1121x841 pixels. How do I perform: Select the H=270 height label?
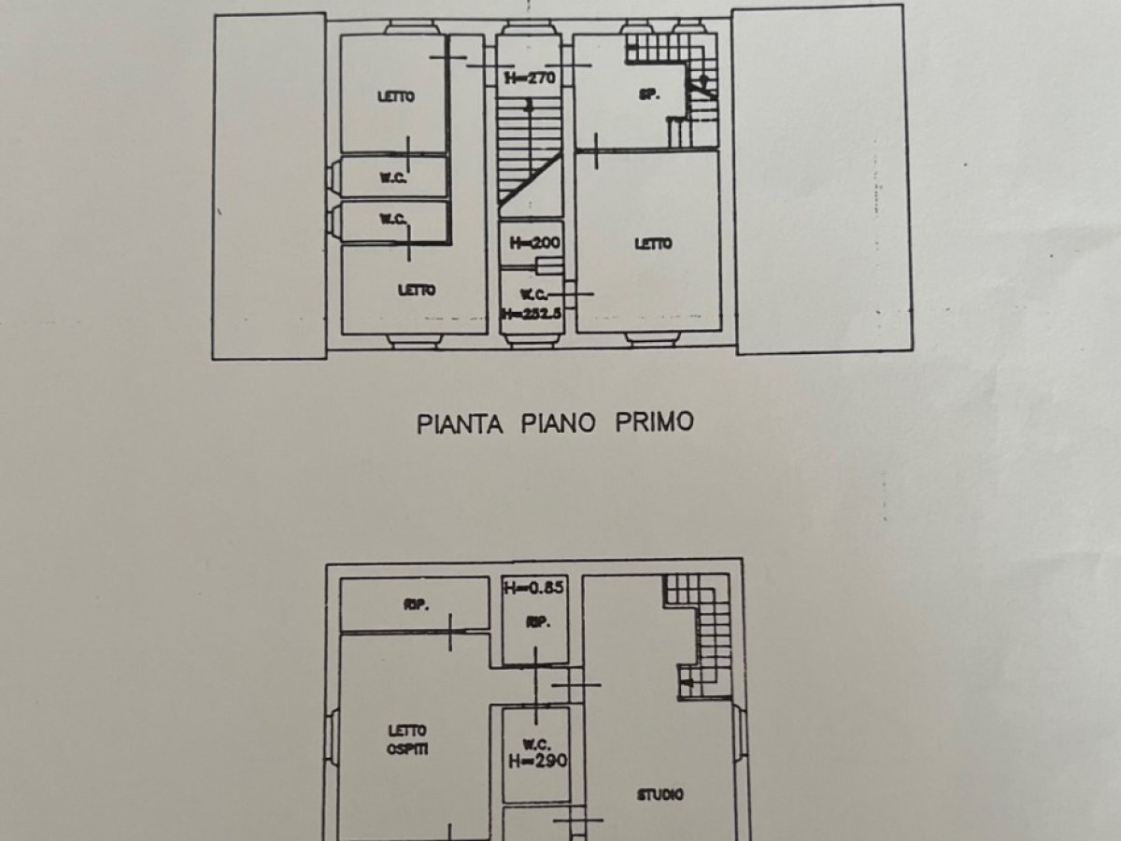coord(530,78)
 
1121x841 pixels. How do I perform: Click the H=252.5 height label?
coord(531,314)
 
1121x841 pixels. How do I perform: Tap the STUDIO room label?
coord(660,795)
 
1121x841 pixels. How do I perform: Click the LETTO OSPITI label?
coord(409,740)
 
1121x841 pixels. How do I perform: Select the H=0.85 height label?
coord(534,589)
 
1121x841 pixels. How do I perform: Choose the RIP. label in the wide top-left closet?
coord(417,606)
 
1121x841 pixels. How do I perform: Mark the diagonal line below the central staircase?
coord(530,178)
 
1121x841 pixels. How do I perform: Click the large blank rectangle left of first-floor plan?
coord(269,187)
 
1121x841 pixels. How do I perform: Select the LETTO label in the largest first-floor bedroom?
coord(653,244)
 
